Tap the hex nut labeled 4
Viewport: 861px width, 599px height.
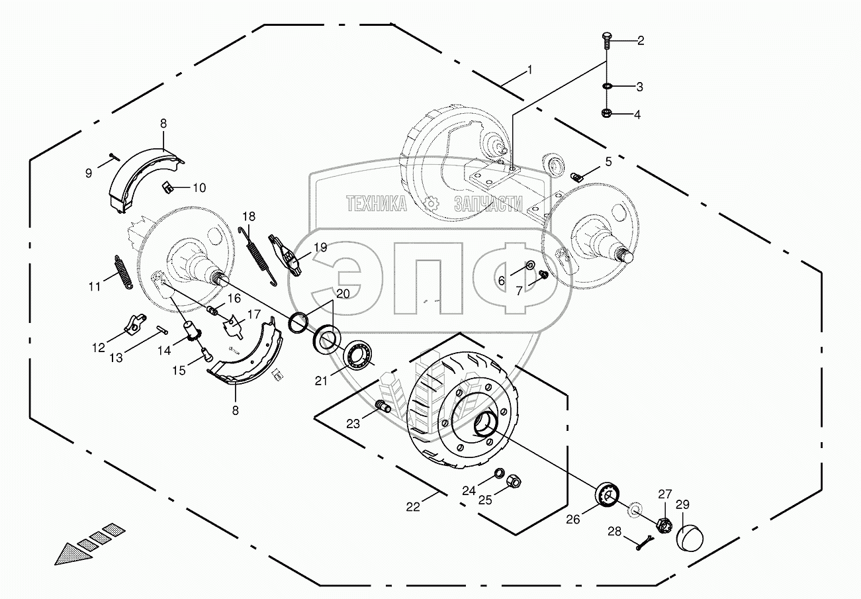[607, 113]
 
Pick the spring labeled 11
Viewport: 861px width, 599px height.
[123, 271]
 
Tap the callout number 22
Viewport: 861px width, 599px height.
[412, 506]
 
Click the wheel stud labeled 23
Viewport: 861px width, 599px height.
[382, 405]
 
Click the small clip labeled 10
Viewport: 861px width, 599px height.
[167, 187]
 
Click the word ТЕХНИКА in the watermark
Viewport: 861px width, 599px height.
[377, 205]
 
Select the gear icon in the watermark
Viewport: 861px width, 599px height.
[431, 205]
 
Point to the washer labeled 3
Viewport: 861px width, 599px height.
[607, 86]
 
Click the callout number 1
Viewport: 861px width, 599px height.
[529, 69]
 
